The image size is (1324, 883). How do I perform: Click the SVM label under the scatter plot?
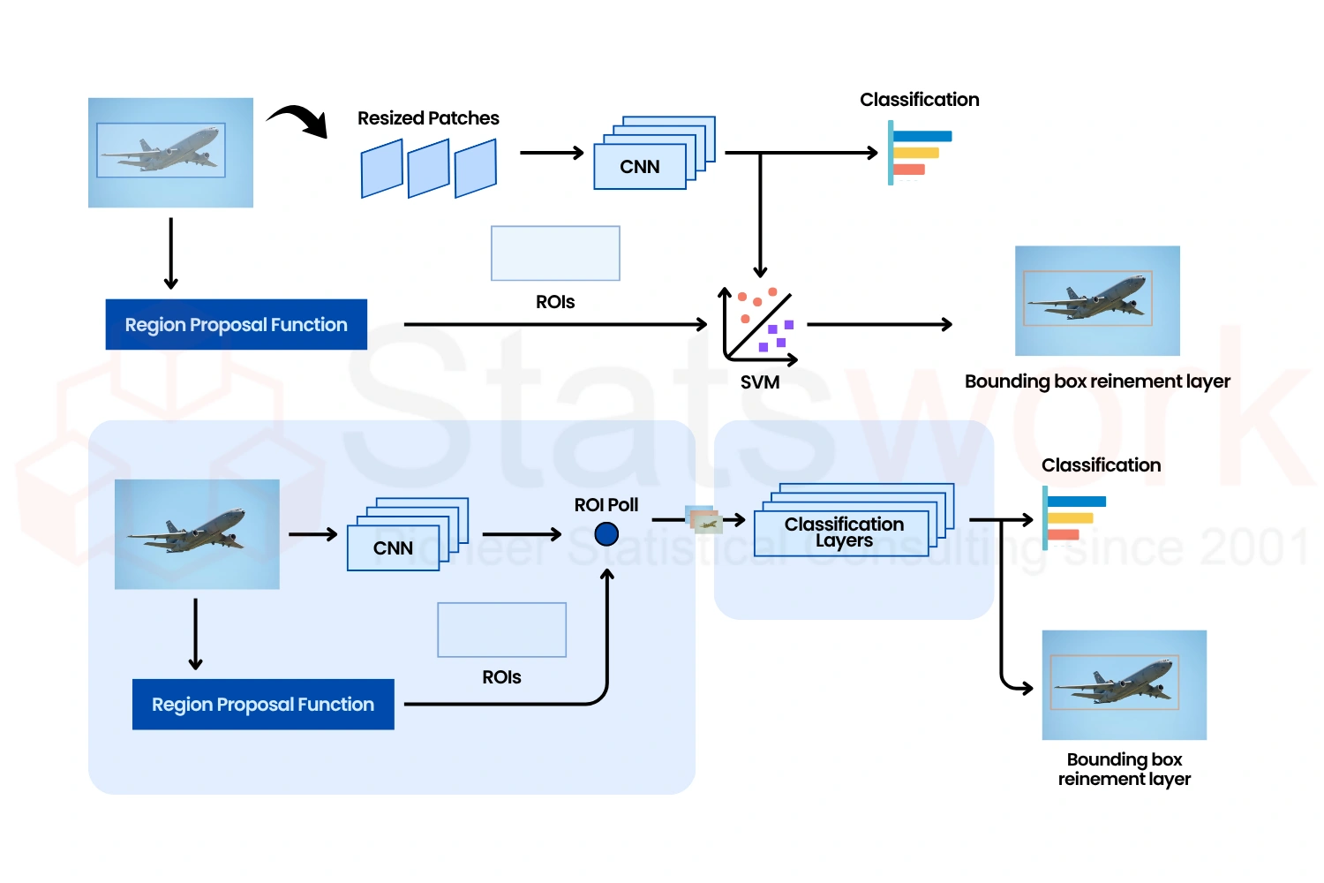coord(759,382)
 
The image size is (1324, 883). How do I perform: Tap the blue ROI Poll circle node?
coord(606,534)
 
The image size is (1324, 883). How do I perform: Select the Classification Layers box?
coord(842,532)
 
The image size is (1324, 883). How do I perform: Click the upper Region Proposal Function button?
coord(236,325)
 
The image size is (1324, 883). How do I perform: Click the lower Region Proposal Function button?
coord(263,705)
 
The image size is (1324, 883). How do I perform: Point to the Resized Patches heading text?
coord(428,118)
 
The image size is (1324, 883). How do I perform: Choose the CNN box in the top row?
coord(640,167)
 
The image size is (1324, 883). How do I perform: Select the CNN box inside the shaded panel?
coord(393,548)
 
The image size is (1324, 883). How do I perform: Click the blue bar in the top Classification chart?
coord(922,136)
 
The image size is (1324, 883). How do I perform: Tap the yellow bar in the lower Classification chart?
coord(1070,518)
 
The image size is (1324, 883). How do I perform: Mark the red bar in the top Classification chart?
coord(909,170)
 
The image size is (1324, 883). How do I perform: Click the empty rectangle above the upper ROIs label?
coord(555,253)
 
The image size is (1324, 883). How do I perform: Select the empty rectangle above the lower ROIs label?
coord(501,630)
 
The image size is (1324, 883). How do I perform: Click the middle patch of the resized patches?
coord(429,169)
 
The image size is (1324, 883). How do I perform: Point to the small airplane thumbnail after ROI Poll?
coord(704,521)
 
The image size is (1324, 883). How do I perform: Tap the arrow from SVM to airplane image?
coord(879,325)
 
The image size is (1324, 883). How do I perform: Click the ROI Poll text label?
coord(606,505)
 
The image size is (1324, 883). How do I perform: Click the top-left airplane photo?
coord(170,153)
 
